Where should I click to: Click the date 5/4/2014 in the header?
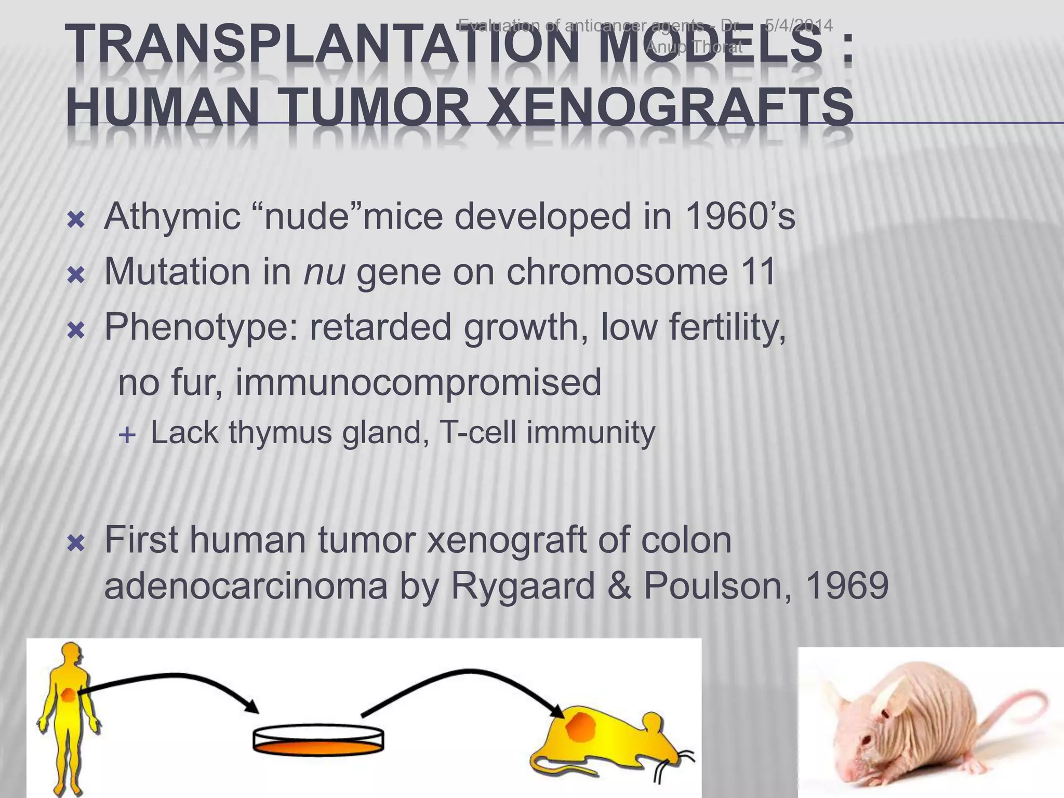(x=799, y=25)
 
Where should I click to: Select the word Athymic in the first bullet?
(x=172, y=217)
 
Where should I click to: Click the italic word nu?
(x=324, y=272)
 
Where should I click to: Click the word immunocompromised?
(x=418, y=382)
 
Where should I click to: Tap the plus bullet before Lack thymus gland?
(x=127, y=435)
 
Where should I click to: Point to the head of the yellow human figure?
(x=71, y=655)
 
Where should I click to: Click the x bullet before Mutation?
(x=76, y=275)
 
